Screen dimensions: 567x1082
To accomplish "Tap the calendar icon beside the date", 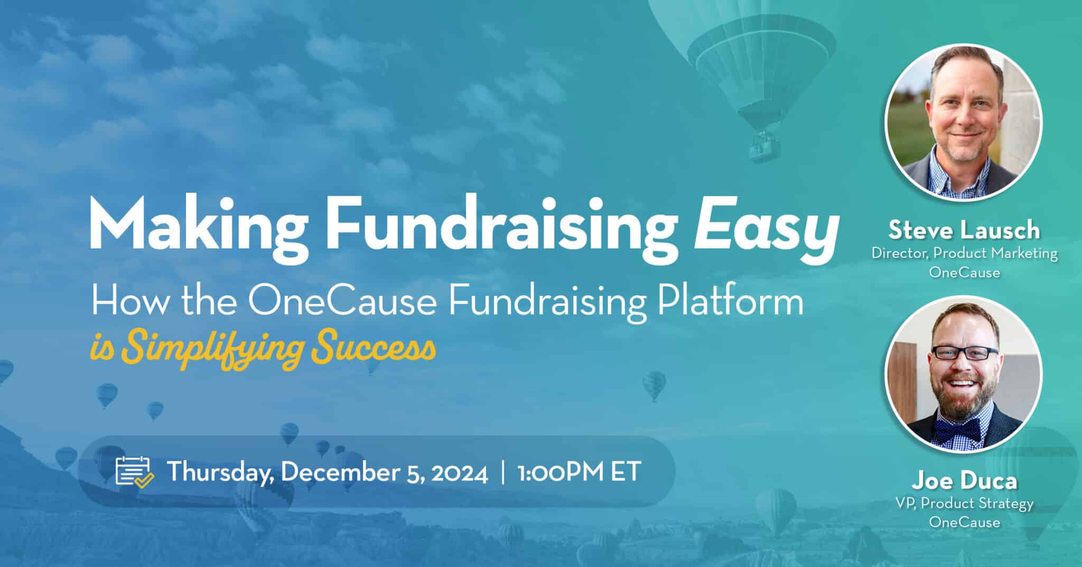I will (134, 471).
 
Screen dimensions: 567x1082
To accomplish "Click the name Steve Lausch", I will (964, 230).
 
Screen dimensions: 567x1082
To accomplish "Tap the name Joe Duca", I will (964, 481).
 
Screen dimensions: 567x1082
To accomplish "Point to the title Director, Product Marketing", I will (964, 254).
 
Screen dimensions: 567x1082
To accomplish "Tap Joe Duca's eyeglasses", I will (964, 353).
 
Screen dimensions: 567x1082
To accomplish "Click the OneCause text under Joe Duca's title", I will (964, 522).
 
